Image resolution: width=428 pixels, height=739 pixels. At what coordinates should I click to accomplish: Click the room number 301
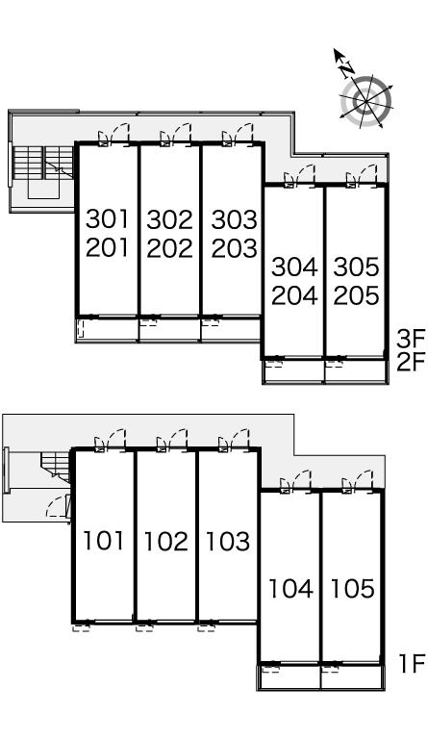pyautogui.click(x=107, y=219)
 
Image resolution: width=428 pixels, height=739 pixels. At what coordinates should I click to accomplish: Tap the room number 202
pyautogui.click(x=169, y=248)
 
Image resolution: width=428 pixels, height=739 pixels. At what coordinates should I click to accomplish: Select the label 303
pyautogui.click(x=234, y=219)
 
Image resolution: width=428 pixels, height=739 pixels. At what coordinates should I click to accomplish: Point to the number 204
pyautogui.click(x=294, y=296)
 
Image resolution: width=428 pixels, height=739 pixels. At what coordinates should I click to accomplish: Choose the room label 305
pyautogui.click(x=356, y=267)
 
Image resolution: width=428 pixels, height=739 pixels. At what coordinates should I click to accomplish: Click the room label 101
pyautogui.click(x=104, y=541)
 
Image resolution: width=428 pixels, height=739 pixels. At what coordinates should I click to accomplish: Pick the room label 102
pyautogui.click(x=165, y=542)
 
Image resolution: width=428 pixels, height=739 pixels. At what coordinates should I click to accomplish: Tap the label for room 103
pyautogui.click(x=228, y=542)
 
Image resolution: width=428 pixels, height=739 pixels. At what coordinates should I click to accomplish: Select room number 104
pyautogui.click(x=290, y=589)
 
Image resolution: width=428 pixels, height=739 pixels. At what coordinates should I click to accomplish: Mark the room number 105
pyautogui.click(x=353, y=589)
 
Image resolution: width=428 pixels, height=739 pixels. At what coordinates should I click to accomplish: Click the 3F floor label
pyautogui.click(x=411, y=338)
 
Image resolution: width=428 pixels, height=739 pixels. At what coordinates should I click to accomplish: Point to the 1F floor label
pyautogui.click(x=412, y=664)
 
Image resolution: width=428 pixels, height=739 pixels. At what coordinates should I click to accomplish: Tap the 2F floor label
pyautogui.click(x=411, y=362)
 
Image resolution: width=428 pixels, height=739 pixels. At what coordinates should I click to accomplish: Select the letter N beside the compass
pyautogui.click(x=348, y=69)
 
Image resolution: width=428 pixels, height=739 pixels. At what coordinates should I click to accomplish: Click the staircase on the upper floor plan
pyautogui.click(x=43, y=162)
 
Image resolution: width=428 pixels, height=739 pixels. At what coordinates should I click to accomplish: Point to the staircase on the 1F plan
pyautogui.click(x=56, y=467)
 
